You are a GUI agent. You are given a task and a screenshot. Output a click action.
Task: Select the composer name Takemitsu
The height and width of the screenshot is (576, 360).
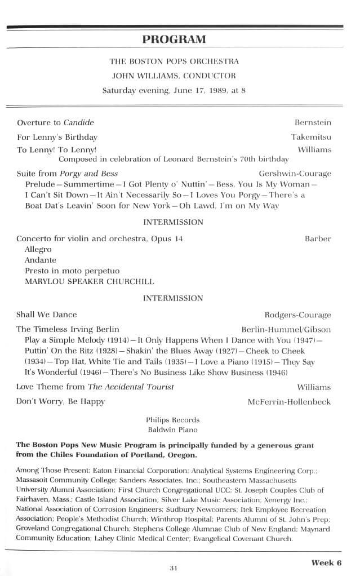(311, 137)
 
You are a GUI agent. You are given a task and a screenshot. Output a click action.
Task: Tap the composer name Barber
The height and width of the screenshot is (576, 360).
(318, 238)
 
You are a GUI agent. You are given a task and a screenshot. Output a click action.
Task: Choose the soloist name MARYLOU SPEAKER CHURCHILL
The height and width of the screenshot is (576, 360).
(89, 281)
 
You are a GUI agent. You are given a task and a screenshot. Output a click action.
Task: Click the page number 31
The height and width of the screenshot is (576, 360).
(174, 568)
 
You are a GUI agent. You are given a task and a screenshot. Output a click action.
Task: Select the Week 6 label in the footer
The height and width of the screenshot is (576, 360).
(326, 562)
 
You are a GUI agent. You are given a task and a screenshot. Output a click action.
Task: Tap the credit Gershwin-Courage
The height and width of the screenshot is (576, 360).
(295, 173)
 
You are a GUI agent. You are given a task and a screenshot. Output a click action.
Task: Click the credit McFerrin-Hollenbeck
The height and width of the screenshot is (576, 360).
(289, 402)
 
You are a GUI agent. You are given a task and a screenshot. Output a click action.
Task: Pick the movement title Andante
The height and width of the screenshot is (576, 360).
(41, 260)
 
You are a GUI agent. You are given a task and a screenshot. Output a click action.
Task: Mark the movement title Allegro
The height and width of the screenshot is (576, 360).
(38, 249)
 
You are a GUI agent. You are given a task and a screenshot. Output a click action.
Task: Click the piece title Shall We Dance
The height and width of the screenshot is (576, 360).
(47, 314)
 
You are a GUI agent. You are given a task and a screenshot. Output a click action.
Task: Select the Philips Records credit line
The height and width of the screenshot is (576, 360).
(172, 420)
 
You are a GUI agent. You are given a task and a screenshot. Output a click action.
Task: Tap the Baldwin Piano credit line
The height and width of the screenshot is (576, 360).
(172, 430)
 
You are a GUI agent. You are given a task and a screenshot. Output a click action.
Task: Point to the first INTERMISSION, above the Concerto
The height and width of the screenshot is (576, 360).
(173, 222)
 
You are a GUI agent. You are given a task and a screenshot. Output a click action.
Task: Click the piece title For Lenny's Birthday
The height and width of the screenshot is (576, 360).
(57, 137)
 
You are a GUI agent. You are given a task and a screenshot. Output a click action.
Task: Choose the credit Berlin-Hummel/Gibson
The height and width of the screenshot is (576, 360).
(286, 329)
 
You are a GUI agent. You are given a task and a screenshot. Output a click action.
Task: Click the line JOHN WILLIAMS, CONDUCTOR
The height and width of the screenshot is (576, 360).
(174, 76)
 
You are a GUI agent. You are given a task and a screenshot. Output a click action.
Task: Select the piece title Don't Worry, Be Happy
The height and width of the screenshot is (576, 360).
(61, 402)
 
